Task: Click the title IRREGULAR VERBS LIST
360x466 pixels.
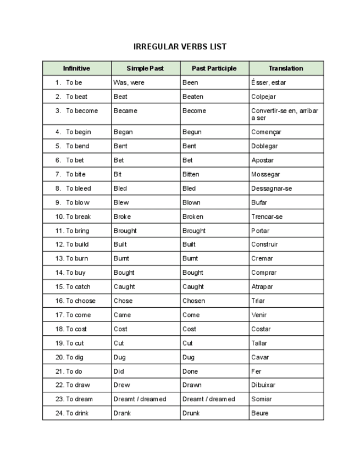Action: point(180,47)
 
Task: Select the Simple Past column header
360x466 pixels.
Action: point(145,69)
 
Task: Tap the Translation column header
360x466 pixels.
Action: point(285,69)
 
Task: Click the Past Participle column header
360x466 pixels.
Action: point(214,69)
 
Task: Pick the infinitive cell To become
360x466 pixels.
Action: point(81,110)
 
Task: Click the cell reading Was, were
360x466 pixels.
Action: point(129,82)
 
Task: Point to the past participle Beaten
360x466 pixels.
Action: point(193,97)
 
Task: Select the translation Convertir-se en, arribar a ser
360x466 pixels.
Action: point(284,114)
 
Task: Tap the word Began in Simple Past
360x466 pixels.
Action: point(123,132)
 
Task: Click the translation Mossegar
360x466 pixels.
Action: point(265,174)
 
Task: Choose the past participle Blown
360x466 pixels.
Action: point(191,202)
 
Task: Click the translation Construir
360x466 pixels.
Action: point(264,245)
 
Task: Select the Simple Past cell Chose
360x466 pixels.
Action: point(123,301)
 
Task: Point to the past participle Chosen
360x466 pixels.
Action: point(193,301)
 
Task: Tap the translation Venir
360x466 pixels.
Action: point(259,315)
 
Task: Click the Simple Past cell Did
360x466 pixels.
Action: point(119,371)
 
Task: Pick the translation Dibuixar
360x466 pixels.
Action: point(263,385)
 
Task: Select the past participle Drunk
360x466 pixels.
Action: point(191,413)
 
